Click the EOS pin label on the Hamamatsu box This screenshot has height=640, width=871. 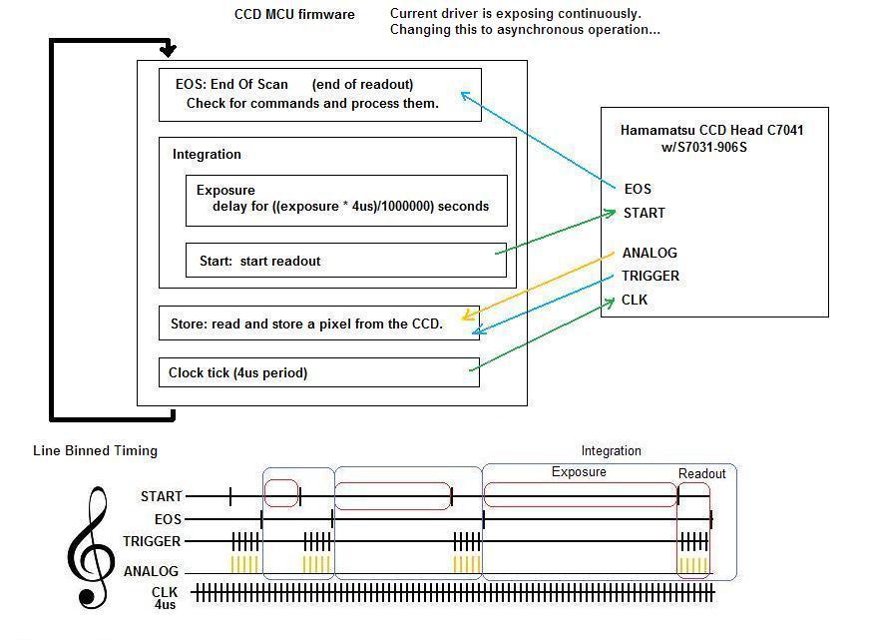click(x=638, y=189)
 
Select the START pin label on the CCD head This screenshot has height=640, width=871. click(x=645, y=213)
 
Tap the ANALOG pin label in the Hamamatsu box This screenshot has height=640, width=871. click(x=650, y=253)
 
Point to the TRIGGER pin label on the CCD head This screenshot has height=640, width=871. click(x=651, y=276)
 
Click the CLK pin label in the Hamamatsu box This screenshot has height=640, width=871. click(x=635, y=300)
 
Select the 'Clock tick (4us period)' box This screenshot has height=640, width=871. click(x=319, y=372)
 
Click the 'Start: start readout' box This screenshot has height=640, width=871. click(x=346, y=261)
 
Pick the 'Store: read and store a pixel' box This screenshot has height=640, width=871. click(x=319, y=323)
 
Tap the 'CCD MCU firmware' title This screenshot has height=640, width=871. click(x=294, y=14)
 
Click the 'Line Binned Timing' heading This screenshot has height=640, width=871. click(x=95, y=450)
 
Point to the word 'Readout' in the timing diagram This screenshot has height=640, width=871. click(x=702, y=473)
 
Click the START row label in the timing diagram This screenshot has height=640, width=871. click(x=161, y=496)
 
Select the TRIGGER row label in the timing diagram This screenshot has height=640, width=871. click(x=152, y=541)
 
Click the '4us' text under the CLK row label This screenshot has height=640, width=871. click(x=165, y=605)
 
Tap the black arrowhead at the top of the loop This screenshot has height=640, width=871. click(x=168, y=51)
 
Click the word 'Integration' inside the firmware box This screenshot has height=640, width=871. click(x=207, y=155)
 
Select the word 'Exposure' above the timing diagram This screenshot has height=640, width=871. click(x=579, y=472)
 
